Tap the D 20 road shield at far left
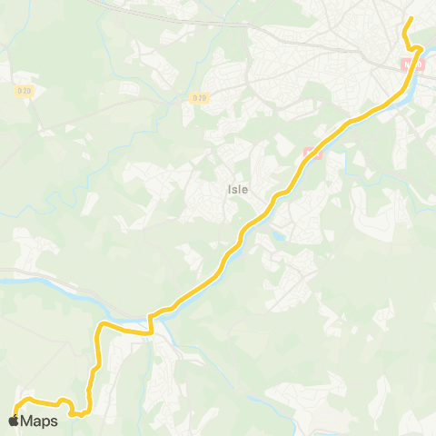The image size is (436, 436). pyautogui.click(x=25, y=89)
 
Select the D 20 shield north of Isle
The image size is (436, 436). pyautogui.click(x=200, y=97)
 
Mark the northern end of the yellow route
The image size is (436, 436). pyautogui.click(x=411, y=19)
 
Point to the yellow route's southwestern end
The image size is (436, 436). pyautogui.click(x=16, y=414)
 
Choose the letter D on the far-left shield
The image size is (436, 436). pyautogui.click(x=20, y=89)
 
